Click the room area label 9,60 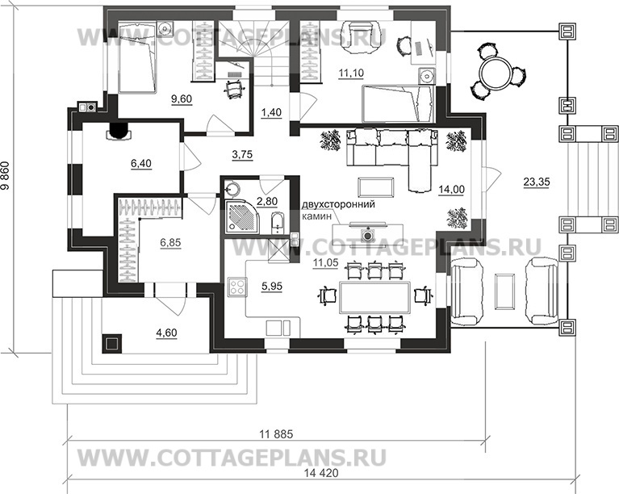click(182, 98)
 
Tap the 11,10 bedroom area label click(351, 73)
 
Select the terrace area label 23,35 click(537, 182)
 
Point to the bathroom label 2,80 click(267, 201)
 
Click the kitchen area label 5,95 click(272, 286)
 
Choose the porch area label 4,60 click(166, 333)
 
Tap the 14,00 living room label click(452, 190)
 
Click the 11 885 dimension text click(276, 434)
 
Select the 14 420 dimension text click(322, 473)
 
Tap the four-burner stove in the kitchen click(238, 287)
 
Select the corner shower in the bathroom click(241, 217)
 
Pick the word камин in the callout click(316, 216)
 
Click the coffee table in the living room click(375, 187)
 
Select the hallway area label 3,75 click(242, 154)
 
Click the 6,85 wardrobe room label click(170, 243)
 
